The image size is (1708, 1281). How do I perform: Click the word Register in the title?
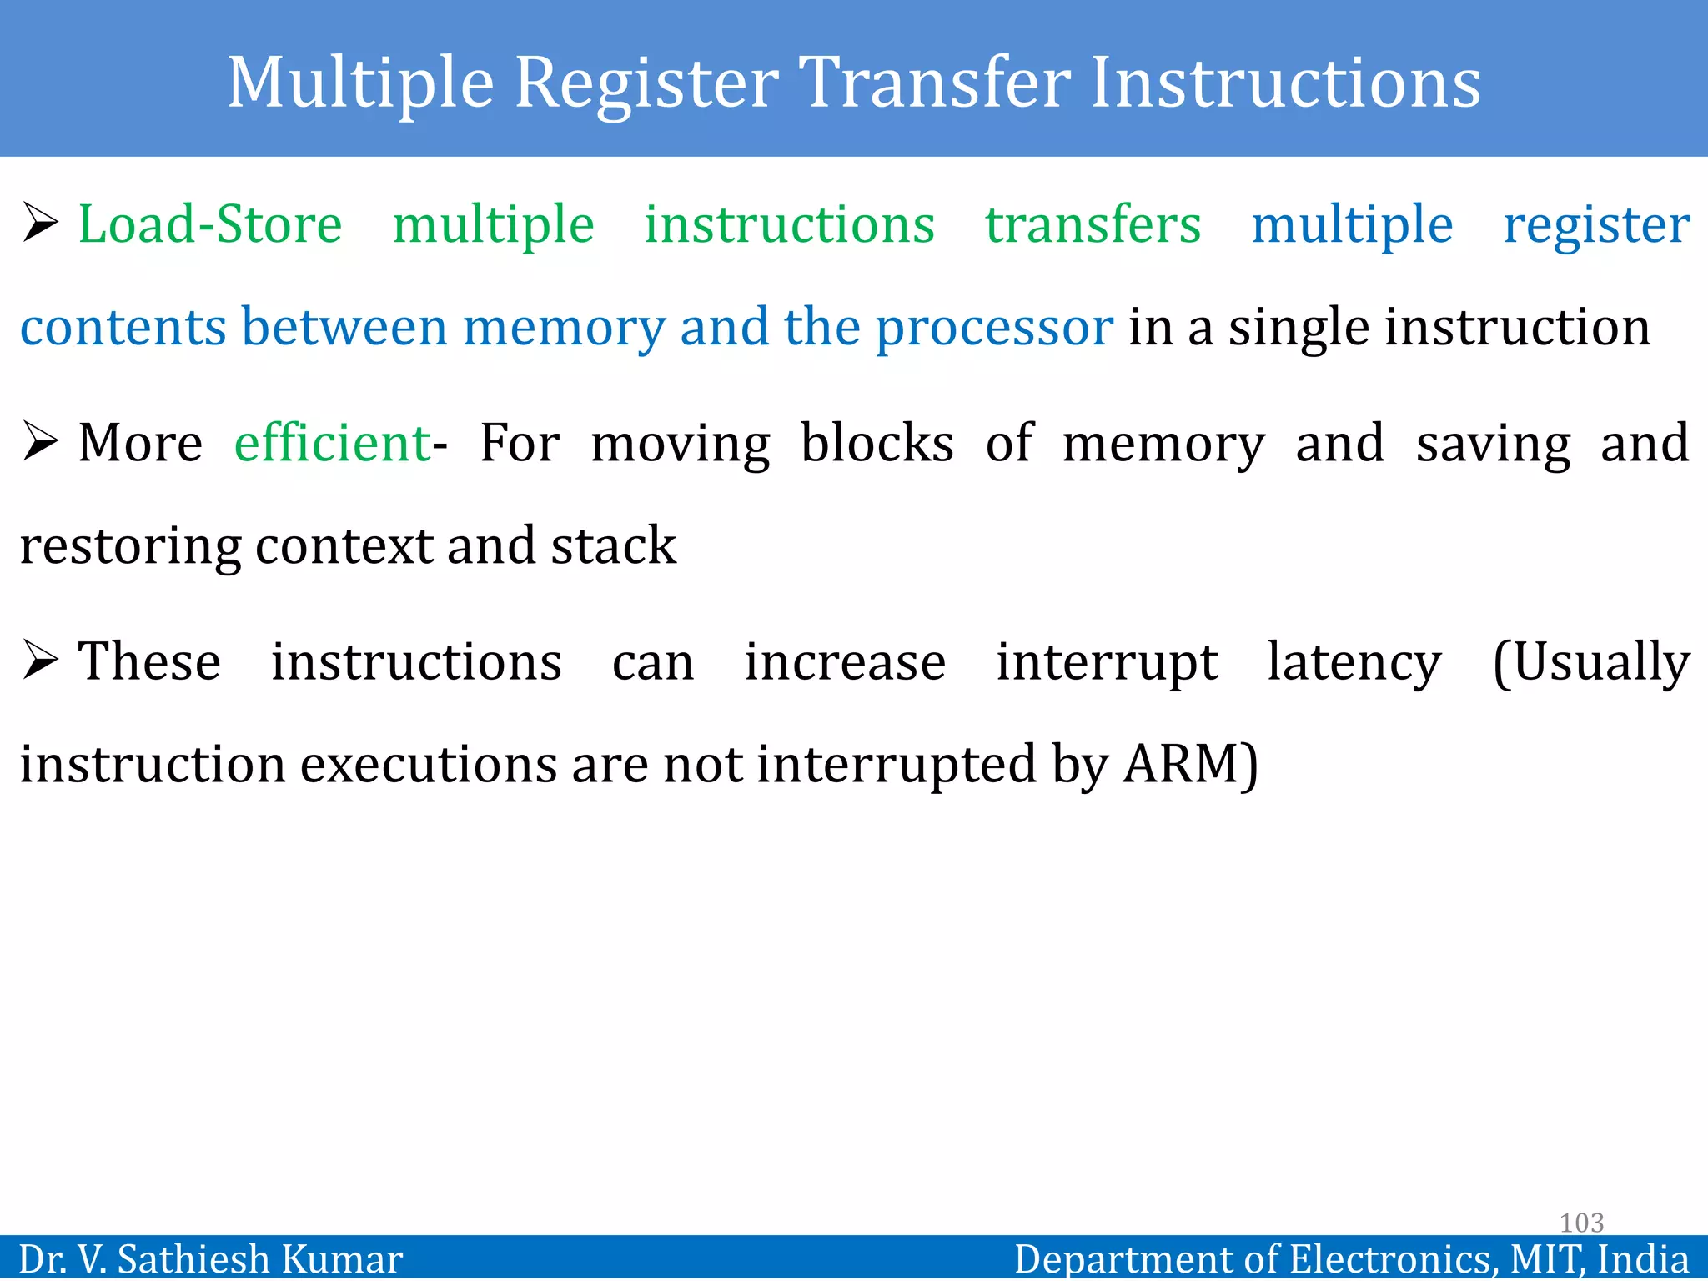(x=647, y=83)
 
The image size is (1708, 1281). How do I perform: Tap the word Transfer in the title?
(x=935, y=83)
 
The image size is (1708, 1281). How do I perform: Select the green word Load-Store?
(x=210, y=225)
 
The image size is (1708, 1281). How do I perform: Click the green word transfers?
(x=1093, y=225)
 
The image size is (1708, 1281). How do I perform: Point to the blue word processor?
(x=994, y=328)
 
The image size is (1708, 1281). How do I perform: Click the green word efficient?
(x=332, y=443)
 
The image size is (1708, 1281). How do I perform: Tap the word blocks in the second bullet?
(x=877, y=443)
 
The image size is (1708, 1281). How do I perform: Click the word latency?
(x=1354, y=663)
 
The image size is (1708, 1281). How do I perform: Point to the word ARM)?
(x=1191, y=764)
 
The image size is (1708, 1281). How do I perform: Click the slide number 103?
(x=1581, y=1223)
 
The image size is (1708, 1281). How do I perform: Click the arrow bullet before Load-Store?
(x=40, y=224)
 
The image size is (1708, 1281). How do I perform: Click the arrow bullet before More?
(x=40, y=442)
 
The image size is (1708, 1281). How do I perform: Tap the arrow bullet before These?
(x=40, y=661)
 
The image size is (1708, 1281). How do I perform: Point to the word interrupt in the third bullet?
(x=1107, y=663)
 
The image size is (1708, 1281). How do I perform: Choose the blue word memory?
(x=564, y=328)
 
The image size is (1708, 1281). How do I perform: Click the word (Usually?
(x=1590, y=663)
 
